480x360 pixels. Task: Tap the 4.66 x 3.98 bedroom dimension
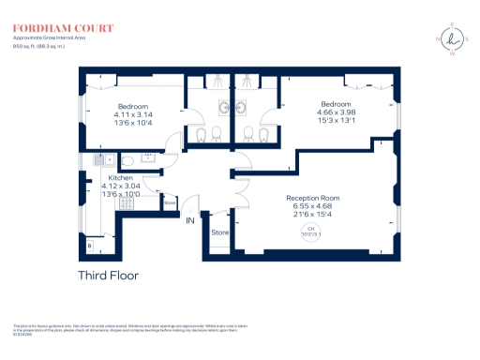(337, 112)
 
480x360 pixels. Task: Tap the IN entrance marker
(190, 221)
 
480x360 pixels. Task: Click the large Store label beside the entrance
(220, 232)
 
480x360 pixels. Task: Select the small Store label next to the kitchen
(170, 202)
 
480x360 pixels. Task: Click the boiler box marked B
(89, 247)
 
